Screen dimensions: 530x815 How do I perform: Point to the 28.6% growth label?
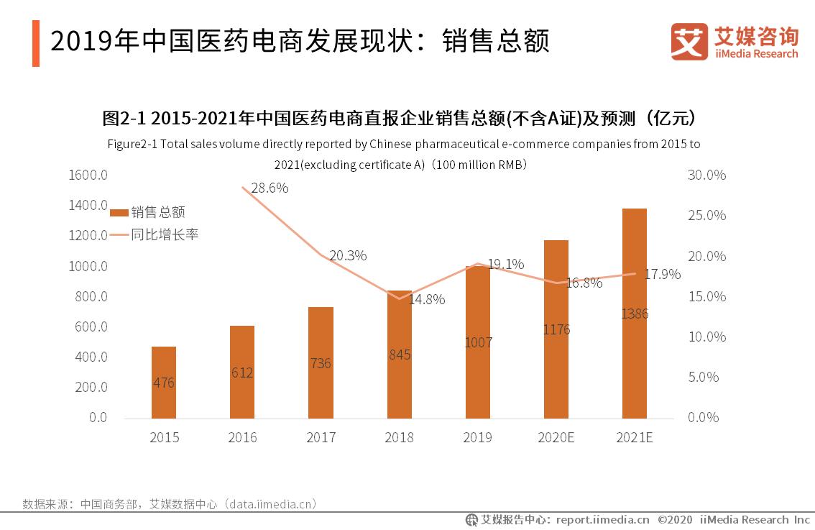click(x=270, y=188)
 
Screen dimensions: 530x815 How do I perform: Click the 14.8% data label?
click(x=427, y=299)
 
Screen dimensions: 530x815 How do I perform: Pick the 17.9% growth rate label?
click(x=663, y=274)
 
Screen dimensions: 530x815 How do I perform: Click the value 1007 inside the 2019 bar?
click(x=478, y=342)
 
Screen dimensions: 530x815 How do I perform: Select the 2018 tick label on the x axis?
click(x=399, y=437)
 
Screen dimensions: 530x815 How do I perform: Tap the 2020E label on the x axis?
click(x=556, y=437)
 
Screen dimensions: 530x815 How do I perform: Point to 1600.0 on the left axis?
click(x=88, y=175)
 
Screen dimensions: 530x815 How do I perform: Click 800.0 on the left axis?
click(x=91, y=296)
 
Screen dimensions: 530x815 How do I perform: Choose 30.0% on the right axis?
click(x=706, y=175)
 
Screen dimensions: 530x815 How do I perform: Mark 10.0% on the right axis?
click(x=706, y=337)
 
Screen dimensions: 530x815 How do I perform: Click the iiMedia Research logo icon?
click(x=689, y=41)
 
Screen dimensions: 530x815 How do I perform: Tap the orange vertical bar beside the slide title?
click(x=36, y=44)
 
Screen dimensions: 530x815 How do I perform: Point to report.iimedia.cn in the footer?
click(x=602, y=519)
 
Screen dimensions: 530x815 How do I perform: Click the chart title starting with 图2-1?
click(x=402, y=118)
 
